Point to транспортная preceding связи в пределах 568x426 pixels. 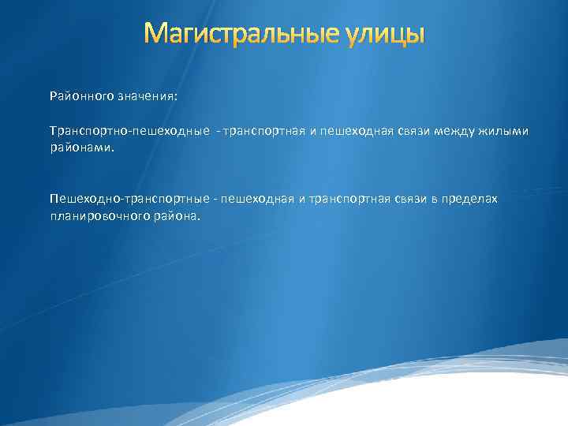click(x=345, y=199)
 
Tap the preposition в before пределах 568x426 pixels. click(x=433, y=199)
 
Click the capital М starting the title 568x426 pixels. click(x=157, y=34)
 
